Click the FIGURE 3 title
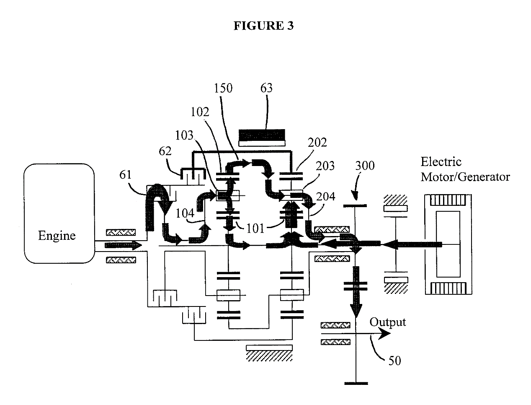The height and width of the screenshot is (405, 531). point(263,26)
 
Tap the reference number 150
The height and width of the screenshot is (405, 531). point(223,88)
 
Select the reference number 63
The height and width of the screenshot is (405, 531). point(266,88)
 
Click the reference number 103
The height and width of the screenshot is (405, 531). point(184,135)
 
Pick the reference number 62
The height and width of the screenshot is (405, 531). point(165,151)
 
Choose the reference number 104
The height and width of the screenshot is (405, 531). point(184,213)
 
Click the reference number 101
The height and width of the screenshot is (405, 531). point(255,228)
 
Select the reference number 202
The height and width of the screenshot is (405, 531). point(317,143)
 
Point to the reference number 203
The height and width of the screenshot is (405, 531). point(325,166)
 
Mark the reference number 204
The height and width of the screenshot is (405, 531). point(326,196)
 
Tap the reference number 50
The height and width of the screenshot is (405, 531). point(394,360)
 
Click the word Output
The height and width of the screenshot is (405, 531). point(388,322)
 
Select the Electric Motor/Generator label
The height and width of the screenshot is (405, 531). point(465,169)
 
